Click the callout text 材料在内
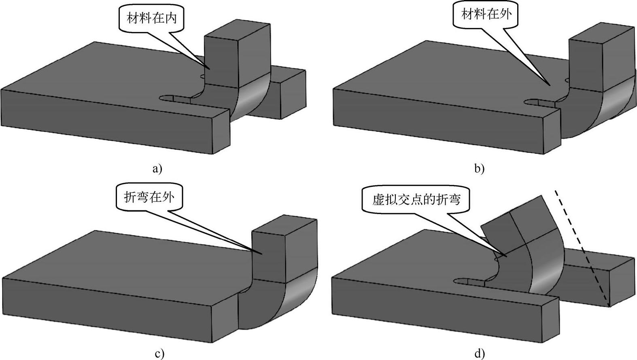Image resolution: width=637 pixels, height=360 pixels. point(152,19)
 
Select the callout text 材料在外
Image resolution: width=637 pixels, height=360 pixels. point(486,15)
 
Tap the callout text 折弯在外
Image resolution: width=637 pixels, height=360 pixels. point(149,197)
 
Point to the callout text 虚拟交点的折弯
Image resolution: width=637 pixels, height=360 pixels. point(416,199)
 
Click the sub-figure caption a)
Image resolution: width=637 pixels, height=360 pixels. point(157,168)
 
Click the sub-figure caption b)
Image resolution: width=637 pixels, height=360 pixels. point(479,168)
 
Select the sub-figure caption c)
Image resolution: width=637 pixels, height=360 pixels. point(159,354)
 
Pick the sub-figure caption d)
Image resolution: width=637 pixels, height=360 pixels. point(479,354)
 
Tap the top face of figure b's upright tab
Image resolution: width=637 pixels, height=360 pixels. point(602,34)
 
